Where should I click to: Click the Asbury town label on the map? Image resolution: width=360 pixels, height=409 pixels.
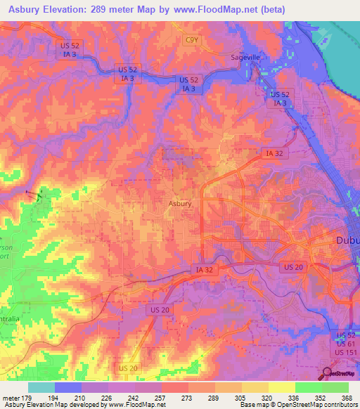click(x=180, y=204)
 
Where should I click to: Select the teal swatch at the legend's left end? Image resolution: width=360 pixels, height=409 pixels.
click(x=41, y=387)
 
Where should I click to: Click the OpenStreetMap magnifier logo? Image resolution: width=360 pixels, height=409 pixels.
click(x=328, y=372)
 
